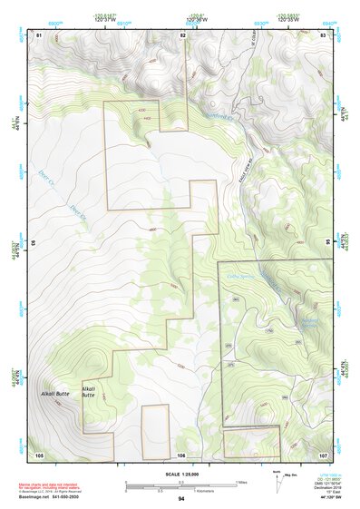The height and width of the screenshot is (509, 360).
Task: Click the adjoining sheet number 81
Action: coord(39,34)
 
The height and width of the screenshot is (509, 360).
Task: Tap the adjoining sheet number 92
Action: coord(182,34)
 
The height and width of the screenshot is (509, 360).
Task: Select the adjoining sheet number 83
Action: coord(324,34)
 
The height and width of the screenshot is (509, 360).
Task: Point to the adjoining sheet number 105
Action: coord(39,454)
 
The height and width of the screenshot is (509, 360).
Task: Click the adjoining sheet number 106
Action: coord(181,455)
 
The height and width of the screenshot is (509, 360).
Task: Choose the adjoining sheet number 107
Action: coord(323,454)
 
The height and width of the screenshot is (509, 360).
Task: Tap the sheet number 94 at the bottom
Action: coord(181,499)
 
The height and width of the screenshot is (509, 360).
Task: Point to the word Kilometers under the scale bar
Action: coord(210,491)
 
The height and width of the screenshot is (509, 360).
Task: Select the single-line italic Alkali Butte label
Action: coord(54,393)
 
